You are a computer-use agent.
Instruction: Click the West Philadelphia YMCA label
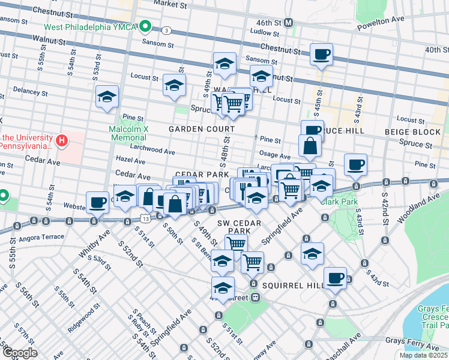pyautogui.click(x=90, y=27)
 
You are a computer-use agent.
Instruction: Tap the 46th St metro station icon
pyautogui.click(x=289, y=22)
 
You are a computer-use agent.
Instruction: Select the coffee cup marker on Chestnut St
pyautogui.click(x=321, y=55)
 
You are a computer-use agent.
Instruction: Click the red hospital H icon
pyautogui.click(x=61, y=141)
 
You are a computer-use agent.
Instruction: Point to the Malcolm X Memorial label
pyautogui.click(x=128, y=133)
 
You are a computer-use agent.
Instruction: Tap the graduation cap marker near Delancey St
pyautogui.click(x=107, y=97)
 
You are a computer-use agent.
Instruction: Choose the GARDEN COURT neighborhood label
pyautogui.click(x=201, y=129)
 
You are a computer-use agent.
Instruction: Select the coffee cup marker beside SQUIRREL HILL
pyautogui.click(x=336, y=278)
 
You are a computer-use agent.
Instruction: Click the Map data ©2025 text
pyautogui.click(x=423, y=355)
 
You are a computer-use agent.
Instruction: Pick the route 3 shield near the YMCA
pyautogui.click(x=164, y=30)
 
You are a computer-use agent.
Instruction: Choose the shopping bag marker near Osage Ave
pyautogui.click(x=310, y=146)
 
